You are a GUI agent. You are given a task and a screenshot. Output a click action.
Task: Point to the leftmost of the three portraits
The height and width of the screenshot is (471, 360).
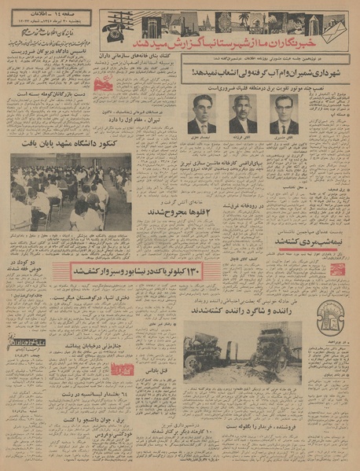[x=201, y=115]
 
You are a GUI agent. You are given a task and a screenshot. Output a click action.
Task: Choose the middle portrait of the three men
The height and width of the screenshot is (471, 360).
[x=243, y=115]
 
